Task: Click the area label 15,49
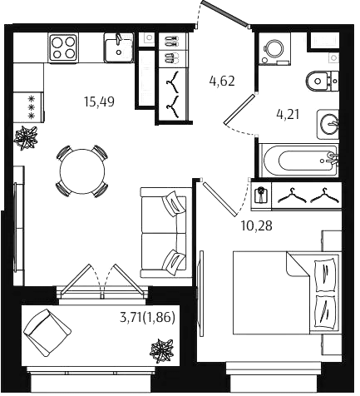pos(100,101)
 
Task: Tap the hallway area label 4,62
pos(222,82)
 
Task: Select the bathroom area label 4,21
pos(288,115)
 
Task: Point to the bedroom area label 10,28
pos(257,226)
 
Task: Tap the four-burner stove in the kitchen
pos(63,47)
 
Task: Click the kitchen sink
pos(119,47)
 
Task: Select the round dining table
pos(82,171)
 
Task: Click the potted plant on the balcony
pos(162,350)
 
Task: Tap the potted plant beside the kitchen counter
pos(26,137)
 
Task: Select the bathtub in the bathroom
pos(299,161)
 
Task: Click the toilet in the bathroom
pos(322,81)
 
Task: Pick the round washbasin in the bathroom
pos(328,124)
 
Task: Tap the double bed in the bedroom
pos(286,293)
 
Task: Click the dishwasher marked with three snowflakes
pos(29,107)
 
